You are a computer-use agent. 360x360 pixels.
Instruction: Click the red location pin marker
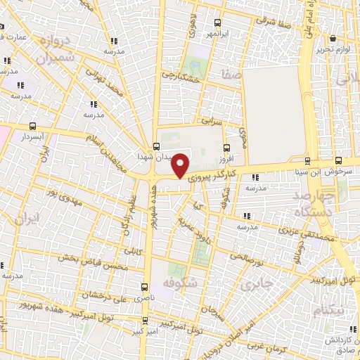[181, 165]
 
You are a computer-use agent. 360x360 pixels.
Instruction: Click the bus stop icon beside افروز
[226, 148]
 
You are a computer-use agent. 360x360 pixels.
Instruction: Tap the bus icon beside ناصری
[145, 287]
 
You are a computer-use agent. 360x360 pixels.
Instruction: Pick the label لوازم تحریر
[338, 49]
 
